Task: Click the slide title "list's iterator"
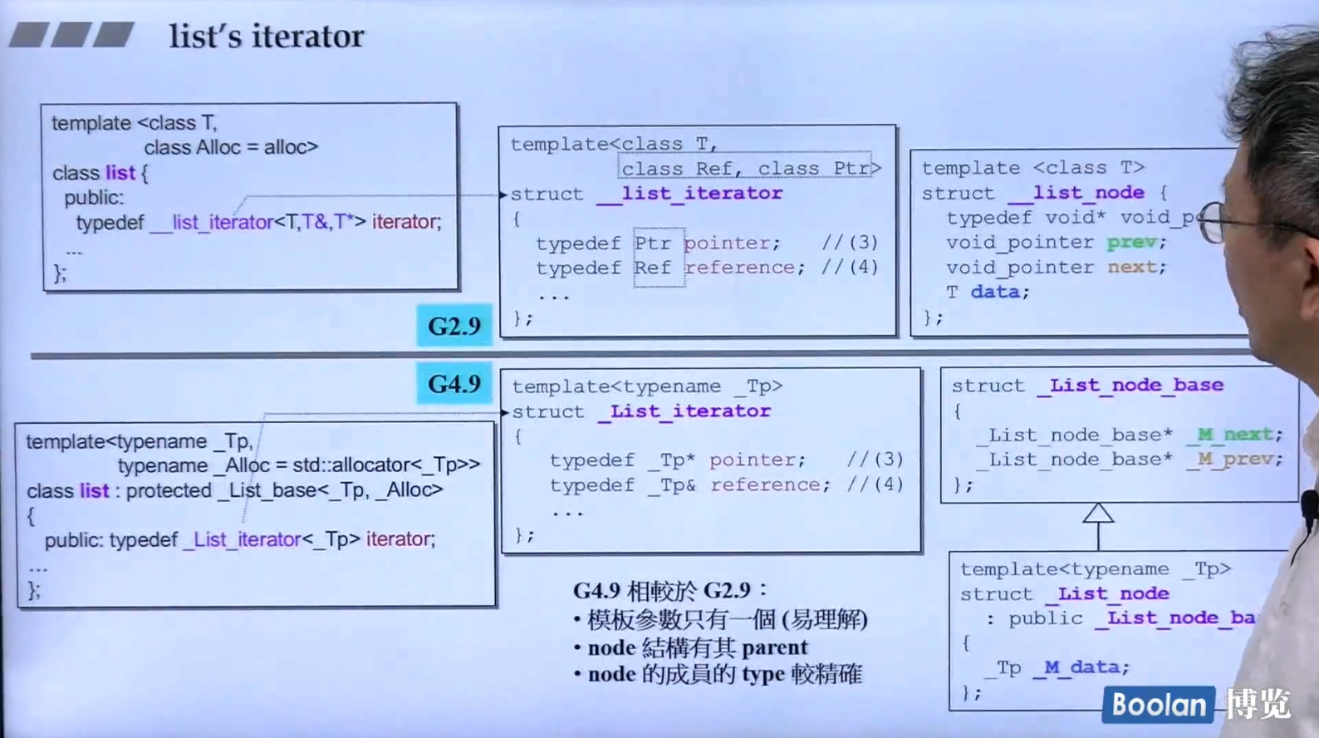tap(266, 37)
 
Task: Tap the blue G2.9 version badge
tap(454, 326)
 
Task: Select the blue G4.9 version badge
tap(454, 384)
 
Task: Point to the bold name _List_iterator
tap(684, 411)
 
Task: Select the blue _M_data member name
tap(1081, 667)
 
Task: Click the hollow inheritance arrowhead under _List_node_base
tap(1098, 513)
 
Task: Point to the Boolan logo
tap(1158, 705)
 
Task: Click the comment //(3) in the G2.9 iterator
tap(850, 243)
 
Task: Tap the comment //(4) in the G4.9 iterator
tap(875, 485)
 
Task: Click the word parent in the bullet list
tap(774, 647)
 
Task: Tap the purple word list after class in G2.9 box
tap(120, 173)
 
